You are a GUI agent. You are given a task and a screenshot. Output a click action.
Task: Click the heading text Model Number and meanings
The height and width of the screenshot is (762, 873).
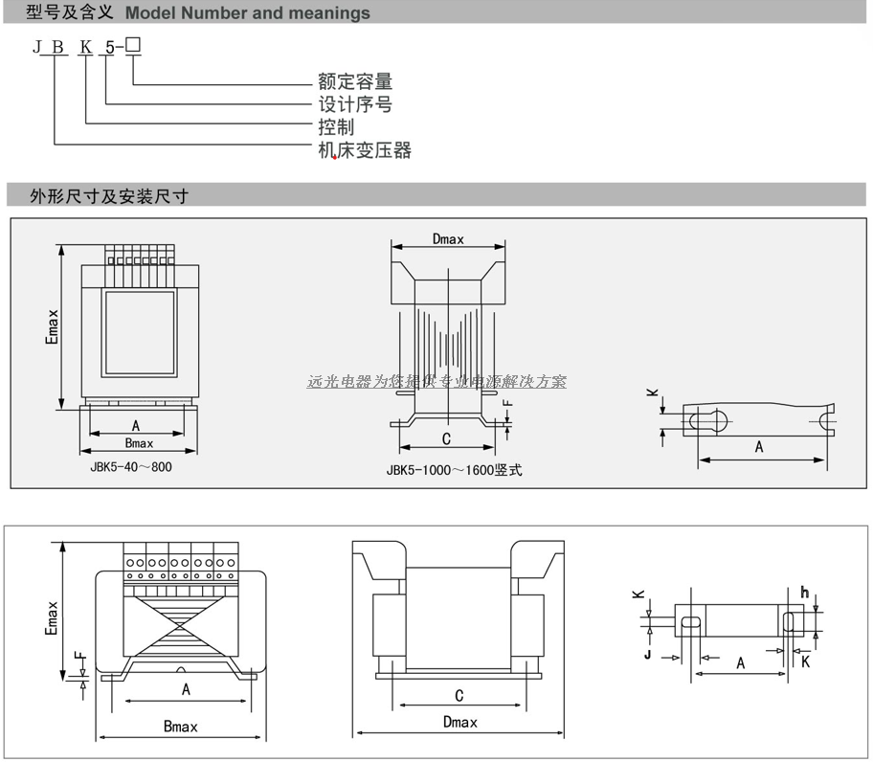248,13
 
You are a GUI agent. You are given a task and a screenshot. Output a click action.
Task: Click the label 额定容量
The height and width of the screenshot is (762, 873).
355,82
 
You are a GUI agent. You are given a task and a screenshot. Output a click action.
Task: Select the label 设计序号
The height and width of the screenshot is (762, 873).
355,104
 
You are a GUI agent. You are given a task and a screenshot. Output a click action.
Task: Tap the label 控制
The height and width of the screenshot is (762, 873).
336,127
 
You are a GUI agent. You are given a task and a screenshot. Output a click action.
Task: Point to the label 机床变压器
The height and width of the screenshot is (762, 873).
365,150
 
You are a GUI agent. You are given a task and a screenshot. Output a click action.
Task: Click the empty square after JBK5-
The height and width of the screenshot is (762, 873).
133,47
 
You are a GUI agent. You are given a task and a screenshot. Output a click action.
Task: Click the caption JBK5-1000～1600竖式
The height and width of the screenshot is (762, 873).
455,469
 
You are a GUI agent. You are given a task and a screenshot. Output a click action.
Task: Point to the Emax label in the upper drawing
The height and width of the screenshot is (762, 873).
54,325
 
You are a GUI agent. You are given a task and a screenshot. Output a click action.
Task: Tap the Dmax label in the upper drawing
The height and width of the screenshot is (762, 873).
448,239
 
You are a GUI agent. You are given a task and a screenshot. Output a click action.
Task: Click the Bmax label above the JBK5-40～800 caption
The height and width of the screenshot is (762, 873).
139,443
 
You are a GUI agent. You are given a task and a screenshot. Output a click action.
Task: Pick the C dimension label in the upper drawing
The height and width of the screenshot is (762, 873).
446,438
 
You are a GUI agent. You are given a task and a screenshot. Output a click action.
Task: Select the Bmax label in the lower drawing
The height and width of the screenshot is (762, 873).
180,727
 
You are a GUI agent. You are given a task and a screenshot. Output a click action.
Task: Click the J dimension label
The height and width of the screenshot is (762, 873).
648,657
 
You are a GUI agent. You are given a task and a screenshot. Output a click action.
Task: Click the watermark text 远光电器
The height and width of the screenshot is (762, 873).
340,381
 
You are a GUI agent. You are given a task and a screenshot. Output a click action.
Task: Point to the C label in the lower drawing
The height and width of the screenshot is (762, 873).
459,696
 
